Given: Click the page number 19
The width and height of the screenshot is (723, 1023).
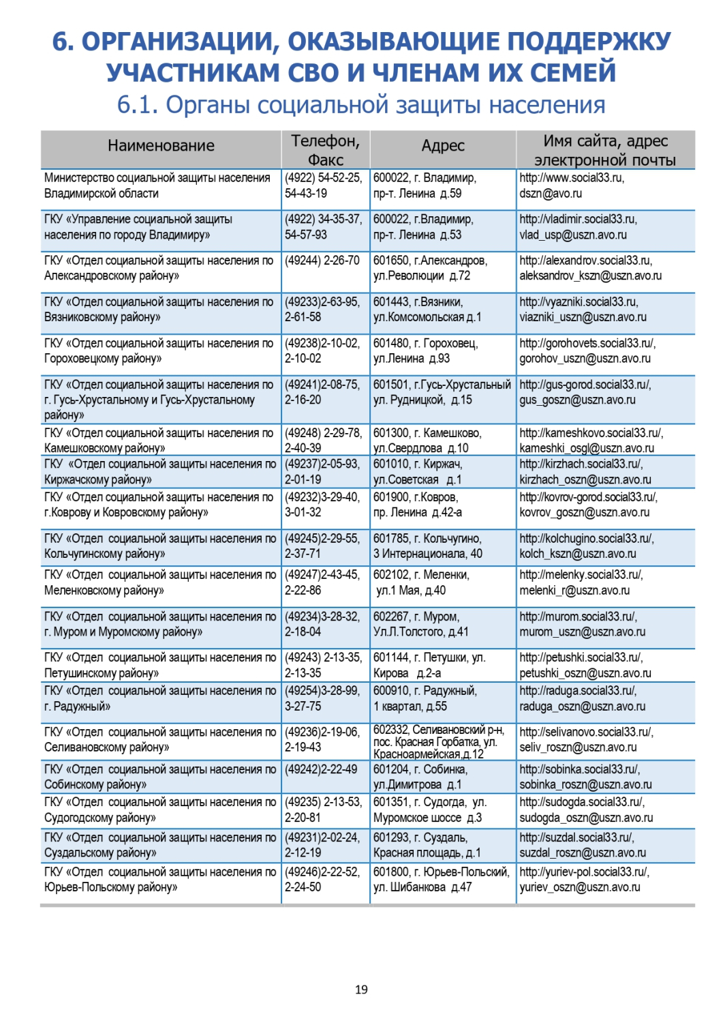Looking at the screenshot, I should (x=361, y=989).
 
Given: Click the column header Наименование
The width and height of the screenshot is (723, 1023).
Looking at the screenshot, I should (x=161, y=146).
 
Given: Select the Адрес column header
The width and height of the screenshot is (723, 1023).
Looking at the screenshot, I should (x=443, y=146).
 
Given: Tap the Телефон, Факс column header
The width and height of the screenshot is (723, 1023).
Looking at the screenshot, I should (x=325, y=150).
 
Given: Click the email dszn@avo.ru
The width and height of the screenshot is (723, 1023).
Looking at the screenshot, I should (x=551, y=194).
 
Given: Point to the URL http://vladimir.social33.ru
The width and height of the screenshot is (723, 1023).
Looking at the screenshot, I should (x=578, y=220).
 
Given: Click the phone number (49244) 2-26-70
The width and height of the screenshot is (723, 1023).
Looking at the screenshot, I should (x=322, y=261).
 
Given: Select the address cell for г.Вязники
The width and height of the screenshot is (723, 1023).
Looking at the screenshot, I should (x=428, y=310).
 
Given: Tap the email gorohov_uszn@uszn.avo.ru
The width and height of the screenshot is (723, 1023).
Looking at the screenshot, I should (x=585, y=359).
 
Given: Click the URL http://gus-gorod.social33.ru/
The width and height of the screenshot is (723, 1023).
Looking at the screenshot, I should (x=585, y=385).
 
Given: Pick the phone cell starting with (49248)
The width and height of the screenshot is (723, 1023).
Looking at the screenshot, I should (x=323, y=440).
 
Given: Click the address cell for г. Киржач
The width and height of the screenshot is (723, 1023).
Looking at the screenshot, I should (x=418, y=472).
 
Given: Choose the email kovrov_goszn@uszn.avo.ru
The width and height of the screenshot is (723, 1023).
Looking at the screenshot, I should (x=584, y=513).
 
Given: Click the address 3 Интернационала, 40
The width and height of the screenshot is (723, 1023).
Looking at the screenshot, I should (x=427, y=554).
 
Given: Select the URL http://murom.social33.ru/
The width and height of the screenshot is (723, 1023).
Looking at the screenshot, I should (x=578, y=617).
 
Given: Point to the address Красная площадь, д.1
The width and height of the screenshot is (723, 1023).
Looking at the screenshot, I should (x=427, y=853).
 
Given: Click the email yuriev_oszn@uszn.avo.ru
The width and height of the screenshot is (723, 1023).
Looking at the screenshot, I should (x=580, y=887).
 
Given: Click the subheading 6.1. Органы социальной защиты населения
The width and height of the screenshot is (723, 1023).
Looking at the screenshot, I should (x=361, y=105).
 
